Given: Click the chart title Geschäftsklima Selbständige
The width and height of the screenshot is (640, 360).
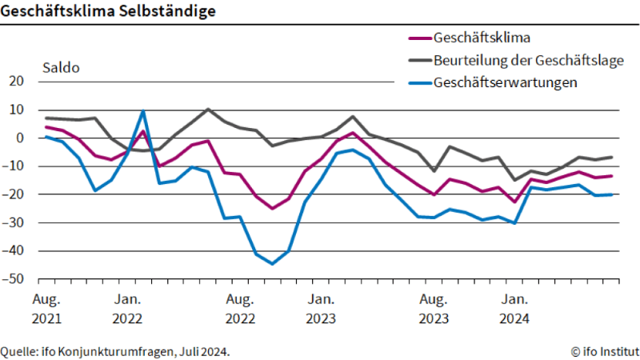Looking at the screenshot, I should click(107, 11).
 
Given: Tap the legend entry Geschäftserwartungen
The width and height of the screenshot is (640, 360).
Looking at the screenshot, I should click(505, 82).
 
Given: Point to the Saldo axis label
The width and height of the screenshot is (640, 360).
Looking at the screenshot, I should click(61, 68).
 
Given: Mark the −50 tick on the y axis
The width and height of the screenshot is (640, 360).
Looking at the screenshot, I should click(15, 279).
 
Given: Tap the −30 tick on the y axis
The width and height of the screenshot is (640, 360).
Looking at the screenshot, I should click(15, 222).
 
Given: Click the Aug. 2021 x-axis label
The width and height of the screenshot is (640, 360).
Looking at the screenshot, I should click(47, 309).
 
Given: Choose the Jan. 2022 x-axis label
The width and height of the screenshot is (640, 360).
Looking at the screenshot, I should click(128, 309).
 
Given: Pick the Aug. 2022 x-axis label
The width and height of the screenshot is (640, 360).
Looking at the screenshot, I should click(240, 309).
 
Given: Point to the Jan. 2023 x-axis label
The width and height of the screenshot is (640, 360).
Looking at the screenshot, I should click(321, 309).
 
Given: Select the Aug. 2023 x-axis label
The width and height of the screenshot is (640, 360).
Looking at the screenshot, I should click(433, 309).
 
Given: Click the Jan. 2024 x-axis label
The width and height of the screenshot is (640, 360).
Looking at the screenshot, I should click(514, 309).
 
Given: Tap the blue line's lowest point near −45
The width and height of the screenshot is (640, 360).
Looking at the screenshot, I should click(272, 264).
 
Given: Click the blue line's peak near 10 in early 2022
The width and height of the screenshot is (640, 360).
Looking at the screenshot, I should click(143, 110).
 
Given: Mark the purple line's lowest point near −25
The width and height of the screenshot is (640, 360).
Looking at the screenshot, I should click(272, 208).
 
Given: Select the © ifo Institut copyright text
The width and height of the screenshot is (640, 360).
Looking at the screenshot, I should click(604, 350).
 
